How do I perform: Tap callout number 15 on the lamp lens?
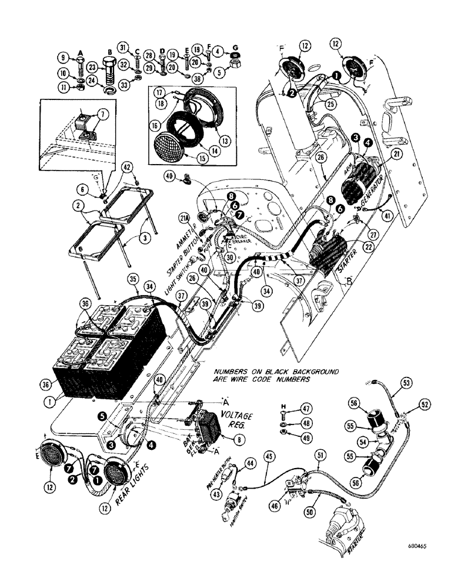tap(188, 155)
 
